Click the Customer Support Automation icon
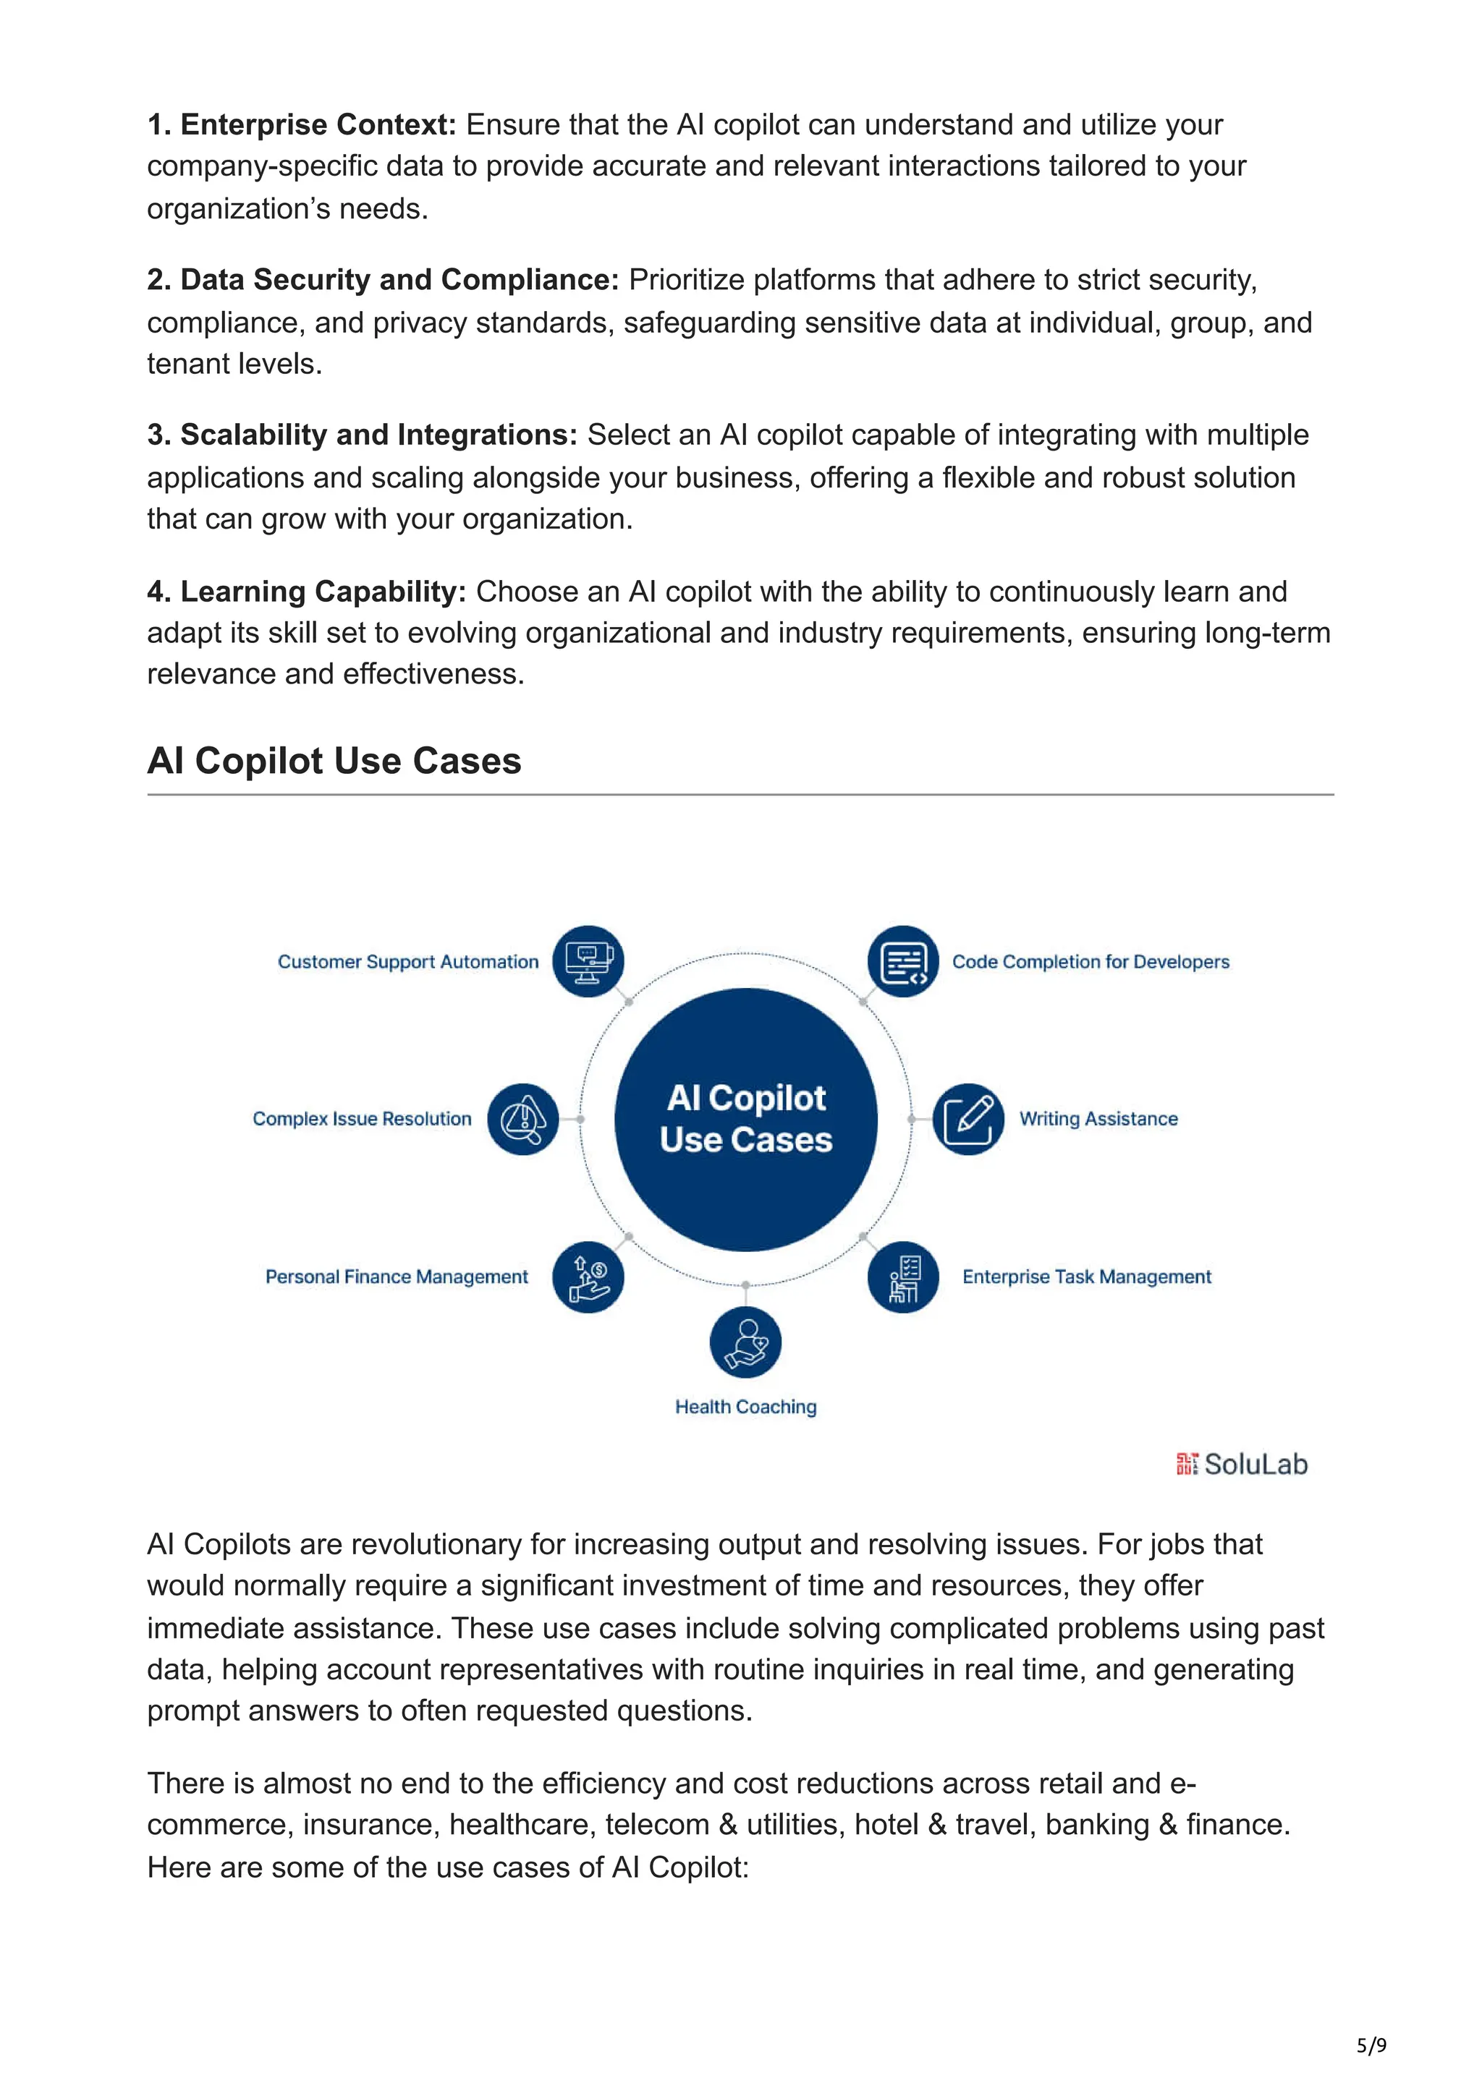[x=588, y=961]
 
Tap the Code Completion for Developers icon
[x=903, y=961]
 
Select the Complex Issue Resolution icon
[x=523, y=1118]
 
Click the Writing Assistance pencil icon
[x=968, y=1118]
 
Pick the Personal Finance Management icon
[x=588, y=1277]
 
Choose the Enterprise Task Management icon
[x=903, y=1277]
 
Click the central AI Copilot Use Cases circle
[x=745, y=1119]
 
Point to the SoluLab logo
[x=1242, y=1465]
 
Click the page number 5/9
[x=1371, y=2045]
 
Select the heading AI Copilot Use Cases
[x=334, y=760]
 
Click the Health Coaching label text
[x=745, y=1407]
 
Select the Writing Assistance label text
[x=1098, y=1118]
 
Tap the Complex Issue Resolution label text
[x=362, y=1118]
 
